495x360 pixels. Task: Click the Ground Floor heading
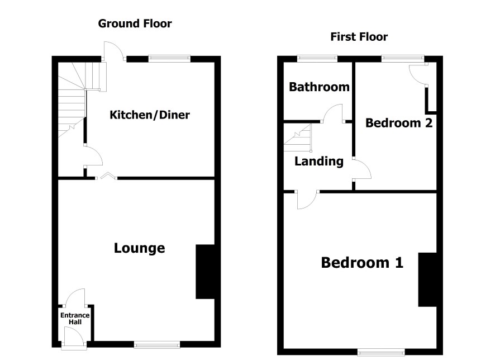[135, 23]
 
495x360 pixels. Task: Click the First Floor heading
[359, 37]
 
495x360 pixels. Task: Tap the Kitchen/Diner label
[150, 115]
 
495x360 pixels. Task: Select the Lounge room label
[139, 248]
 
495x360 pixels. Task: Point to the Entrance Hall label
[75, 319]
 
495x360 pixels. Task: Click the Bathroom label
[319, 87]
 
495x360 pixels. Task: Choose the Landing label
[319, 162]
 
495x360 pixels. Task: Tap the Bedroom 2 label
[399, 123]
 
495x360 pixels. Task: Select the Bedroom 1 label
[362, 262]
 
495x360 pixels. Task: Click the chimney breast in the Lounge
[205, 272]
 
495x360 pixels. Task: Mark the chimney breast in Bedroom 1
[428, 280]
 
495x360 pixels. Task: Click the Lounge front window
[157, 344]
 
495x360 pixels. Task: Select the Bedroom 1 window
[381, 352]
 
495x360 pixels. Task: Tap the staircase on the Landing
[297, 138]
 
